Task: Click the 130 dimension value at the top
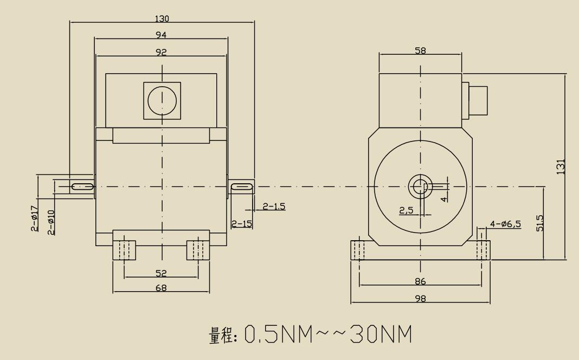click(x=162, y=18)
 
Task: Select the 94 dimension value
click(x=162, y=35)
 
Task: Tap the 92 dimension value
click(x=162, y=52)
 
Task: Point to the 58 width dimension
click(x=420, y=50)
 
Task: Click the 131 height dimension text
click(x=561, y=166)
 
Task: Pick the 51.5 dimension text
click(x=540, y=223)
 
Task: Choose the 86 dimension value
click(x=420, y=281)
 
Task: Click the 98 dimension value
click(x=420, y=298)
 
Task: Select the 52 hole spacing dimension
click(x=161, y=273)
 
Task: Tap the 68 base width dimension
click(x=161, y=288)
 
